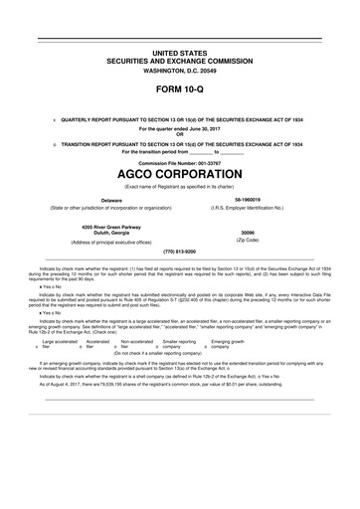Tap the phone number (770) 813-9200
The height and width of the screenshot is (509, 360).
point(179,252)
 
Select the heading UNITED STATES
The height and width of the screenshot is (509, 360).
point(179,50)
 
